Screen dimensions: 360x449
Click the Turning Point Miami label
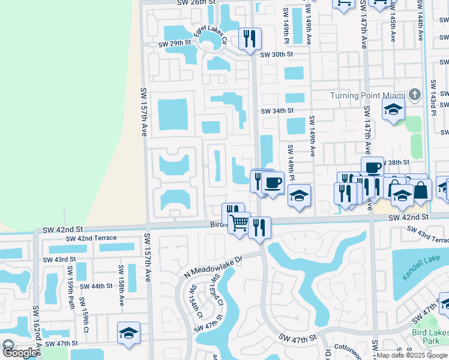click(x=367, y=96)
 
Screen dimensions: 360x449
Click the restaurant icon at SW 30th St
click(x=249, y=39)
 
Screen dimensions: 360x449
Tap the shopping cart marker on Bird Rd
click(x=240, y=223)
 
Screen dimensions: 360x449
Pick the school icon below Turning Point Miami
click(x=393, y=109)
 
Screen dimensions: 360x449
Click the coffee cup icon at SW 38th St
click(x=372, y=167)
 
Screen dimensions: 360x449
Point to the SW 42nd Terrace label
click(x=92, y=238)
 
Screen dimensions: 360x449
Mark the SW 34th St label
click(x=277, y=110)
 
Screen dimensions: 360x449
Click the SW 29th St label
click(x=174, y=43)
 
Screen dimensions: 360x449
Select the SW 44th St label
click(x=96, y=287)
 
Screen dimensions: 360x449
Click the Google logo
click(x=19, y=353)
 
